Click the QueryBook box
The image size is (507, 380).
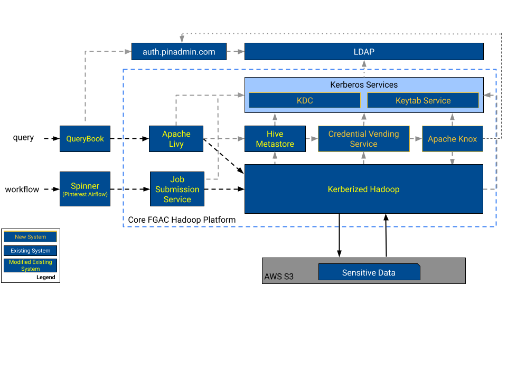[85, 139]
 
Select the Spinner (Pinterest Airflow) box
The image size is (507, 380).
[85, 189]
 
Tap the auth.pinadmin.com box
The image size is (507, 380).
[179, 52]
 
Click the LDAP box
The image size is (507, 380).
[364, 52]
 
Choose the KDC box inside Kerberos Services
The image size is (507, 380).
[305, 100]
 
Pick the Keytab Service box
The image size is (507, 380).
[423, 100]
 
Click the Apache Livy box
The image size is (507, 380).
[176, 139]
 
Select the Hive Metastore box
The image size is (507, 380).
[275, 139]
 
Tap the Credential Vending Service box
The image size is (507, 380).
[363, 139]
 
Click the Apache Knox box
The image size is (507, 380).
[452, 139]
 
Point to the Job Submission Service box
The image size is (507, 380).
[177, 189]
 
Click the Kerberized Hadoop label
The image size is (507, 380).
[363, 189]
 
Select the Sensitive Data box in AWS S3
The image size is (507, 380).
[369, 272]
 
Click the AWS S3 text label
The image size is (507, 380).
[279, 277]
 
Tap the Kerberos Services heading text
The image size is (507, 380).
[364, 84]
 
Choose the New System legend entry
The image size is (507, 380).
[30, 237]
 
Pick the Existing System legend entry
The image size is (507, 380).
[30, 251]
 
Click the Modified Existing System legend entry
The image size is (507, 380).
[30, 265]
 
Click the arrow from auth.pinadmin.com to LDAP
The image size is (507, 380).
[236, 52]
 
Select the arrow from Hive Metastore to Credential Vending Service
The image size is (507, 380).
[312, 139]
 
